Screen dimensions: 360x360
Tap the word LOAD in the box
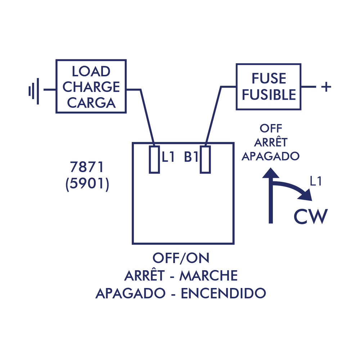[91, 71]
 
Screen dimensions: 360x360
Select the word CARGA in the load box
[91, 103]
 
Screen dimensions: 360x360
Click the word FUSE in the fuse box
[269, 78]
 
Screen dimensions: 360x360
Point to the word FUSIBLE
[269, 94]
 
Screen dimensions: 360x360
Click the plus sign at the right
[326, 87]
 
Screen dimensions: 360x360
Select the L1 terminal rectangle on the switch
[154, 159]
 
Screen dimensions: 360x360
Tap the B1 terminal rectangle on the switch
[205, 159]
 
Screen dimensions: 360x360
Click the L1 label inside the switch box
[168, 157]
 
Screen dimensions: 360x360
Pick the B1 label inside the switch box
[192, 157]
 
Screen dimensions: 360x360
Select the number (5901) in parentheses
[87, 184]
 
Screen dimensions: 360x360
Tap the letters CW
[310, 216]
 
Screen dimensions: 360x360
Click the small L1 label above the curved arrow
[315, 182]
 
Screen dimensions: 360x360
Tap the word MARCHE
[208, 276]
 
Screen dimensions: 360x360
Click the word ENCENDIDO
[223, 293]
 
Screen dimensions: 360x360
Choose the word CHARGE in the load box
[91, 87]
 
